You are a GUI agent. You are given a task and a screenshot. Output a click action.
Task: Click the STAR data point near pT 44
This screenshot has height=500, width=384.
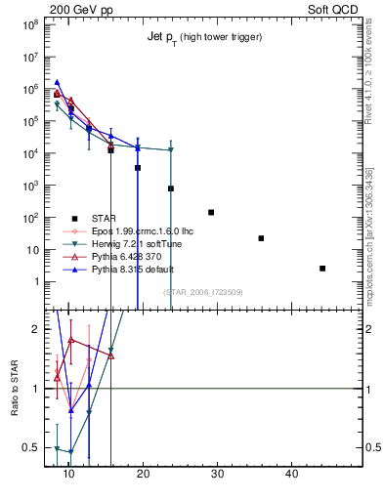pyautogui.click(x=322, y=269)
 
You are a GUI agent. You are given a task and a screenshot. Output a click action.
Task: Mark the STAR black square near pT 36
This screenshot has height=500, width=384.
pyautogui.click(x=261, y=238)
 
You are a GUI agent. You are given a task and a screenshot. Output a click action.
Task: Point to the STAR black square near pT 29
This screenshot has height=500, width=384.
pyautogui.click(x=211, y=212)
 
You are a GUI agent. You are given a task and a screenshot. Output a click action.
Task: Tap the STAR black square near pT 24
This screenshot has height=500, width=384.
pyautogui.click(x=171, y=188)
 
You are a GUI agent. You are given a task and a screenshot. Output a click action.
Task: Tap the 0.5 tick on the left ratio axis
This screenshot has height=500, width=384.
pyautogui.click(x=32, y=448)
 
